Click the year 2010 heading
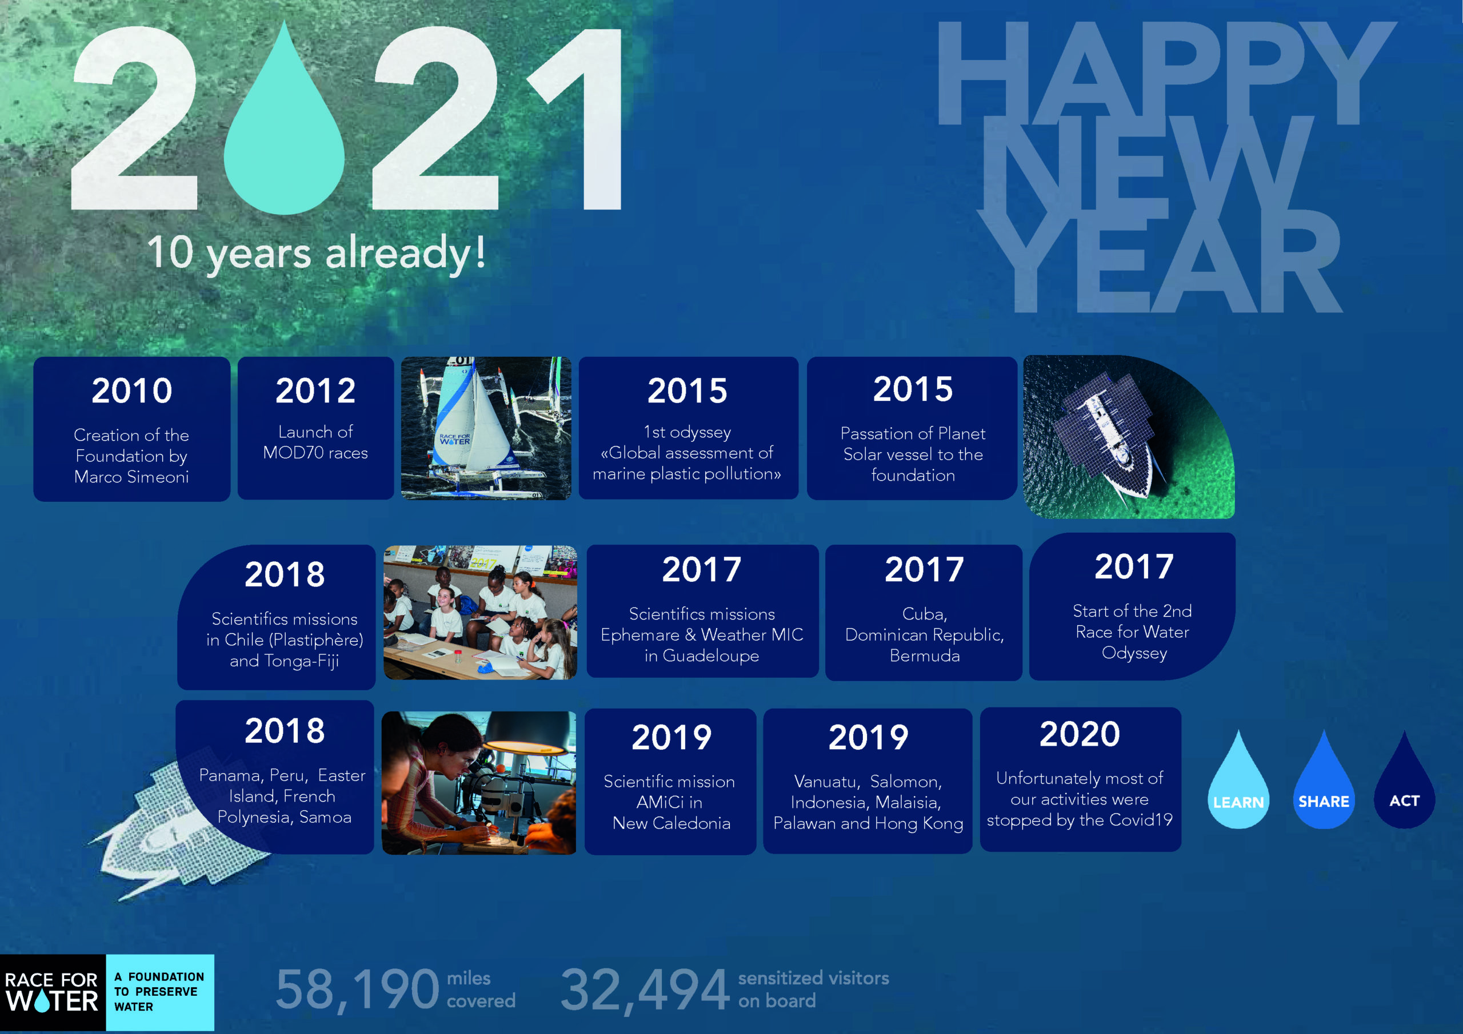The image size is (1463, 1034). coord(132,391)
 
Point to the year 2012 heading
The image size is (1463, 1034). coord(315,391)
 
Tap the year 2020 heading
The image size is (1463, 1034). coord(1080,734)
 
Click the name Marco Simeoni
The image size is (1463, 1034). coord(131,477)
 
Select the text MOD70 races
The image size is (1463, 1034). coord(315,453)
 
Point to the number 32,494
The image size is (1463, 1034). coord(645,990)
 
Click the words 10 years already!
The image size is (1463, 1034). coord(316,253)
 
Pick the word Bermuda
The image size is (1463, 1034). coord(925,656)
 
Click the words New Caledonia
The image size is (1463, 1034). coord(671,823)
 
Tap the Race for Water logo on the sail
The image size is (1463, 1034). coord(454,439)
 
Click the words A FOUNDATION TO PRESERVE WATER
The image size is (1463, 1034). coord(159,991)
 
